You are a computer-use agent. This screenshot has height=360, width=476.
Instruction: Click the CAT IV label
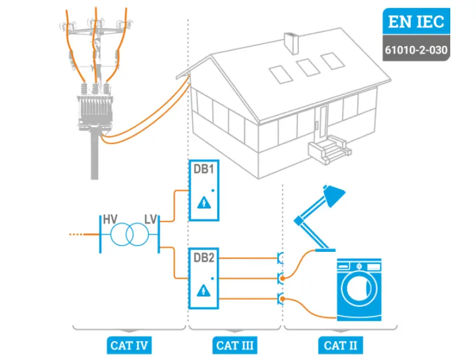pyautogui.click(x=129, y=345)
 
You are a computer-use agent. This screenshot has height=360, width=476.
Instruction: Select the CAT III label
pyautogui.click(x=235, y=345)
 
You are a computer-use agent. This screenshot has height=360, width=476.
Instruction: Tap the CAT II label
pyautogui.click(x=340, y=345)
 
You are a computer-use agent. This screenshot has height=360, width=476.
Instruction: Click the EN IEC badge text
pyautogui.click(x=415, y=22)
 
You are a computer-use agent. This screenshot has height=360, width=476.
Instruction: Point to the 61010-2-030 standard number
pyautogui.click(x=415, y=49)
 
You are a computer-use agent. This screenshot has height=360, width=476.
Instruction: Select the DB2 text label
pyautogui.click(x=203, y=258)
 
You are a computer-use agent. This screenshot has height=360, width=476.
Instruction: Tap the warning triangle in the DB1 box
pyautogui.click(x=203, y=204)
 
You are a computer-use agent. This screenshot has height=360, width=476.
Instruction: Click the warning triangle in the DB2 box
pyautogui.click(x=203, y=291)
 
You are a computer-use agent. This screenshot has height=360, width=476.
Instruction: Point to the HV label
pyautogui.click(x=109, y=219)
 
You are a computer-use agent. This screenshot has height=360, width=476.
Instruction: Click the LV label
pyautogui.click(x=151, y=219)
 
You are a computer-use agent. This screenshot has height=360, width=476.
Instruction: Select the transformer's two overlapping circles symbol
pyautogui.click(x=129, y=234)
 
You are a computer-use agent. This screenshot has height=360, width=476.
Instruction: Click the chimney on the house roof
pyautogui.click(x=291, y=42)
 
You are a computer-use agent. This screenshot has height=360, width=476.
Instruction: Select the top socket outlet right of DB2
pyautogui.click(x=280, y=258)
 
